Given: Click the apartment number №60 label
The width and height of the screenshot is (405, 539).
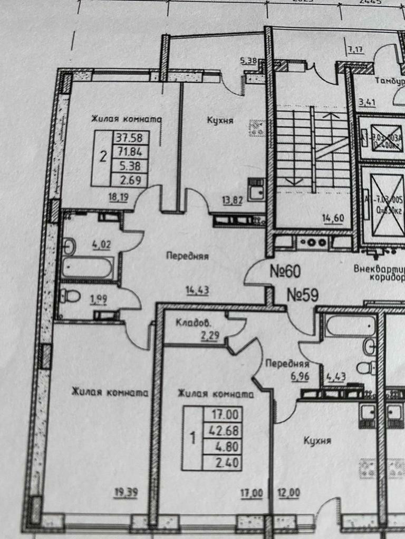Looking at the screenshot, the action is pyautogui.click(x=285, y=271).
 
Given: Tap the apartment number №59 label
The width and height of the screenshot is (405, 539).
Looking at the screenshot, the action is pyautogui.click(x=303, y=295).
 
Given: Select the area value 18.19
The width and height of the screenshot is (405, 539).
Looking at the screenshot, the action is pyautogui.click(x=117, y=197).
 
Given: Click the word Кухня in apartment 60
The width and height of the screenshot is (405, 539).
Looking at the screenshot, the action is pyautogui.click(x=220, y=121).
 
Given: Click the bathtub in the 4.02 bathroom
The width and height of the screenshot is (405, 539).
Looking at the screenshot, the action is pyautogui.click(x=88, y=268).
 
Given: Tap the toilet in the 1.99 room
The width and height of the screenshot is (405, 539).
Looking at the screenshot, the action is pyautogui.click(x=70, y=296).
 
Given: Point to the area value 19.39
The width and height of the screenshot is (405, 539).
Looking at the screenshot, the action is pyautogui.click(x=126, y=493).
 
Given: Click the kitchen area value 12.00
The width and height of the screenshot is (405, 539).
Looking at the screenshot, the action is pyautogui.click(x=289, y=493).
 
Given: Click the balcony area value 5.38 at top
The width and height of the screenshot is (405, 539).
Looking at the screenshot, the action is pyautogui.click(x=248, y=61).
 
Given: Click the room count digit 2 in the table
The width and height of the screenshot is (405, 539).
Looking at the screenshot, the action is pyautogui.click(x=103, y=156).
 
